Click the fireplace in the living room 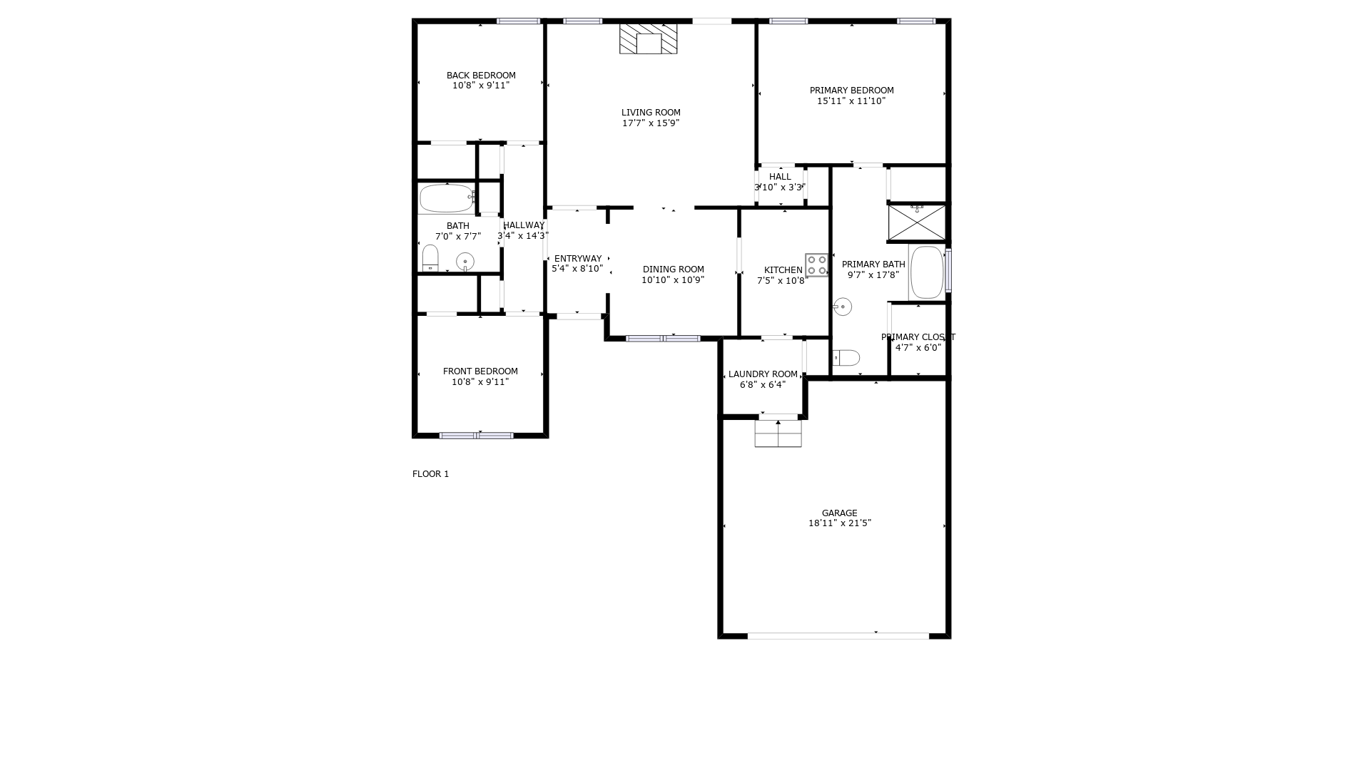click(648, 38)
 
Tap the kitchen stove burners click(816, 265)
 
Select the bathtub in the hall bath click(447, 198)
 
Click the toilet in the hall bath click(430, 258)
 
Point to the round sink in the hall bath click(465, 262)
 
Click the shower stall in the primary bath click(917, 222)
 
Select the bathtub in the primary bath click(927, 272)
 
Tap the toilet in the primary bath click(846, 357)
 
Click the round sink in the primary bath click(843, 307)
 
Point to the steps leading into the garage click(778, 433)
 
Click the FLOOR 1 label click(430, 474)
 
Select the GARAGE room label click(839, 513)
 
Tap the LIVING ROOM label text click(651, 113)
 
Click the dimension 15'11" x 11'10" click(851, 101)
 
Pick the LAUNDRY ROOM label click(763, 374)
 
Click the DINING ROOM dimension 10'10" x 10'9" click(673, 280)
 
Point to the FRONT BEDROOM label click(480, 371)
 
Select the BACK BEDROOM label click(481, 76)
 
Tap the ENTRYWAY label click(578, 259)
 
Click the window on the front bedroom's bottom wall click(476, 436)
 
